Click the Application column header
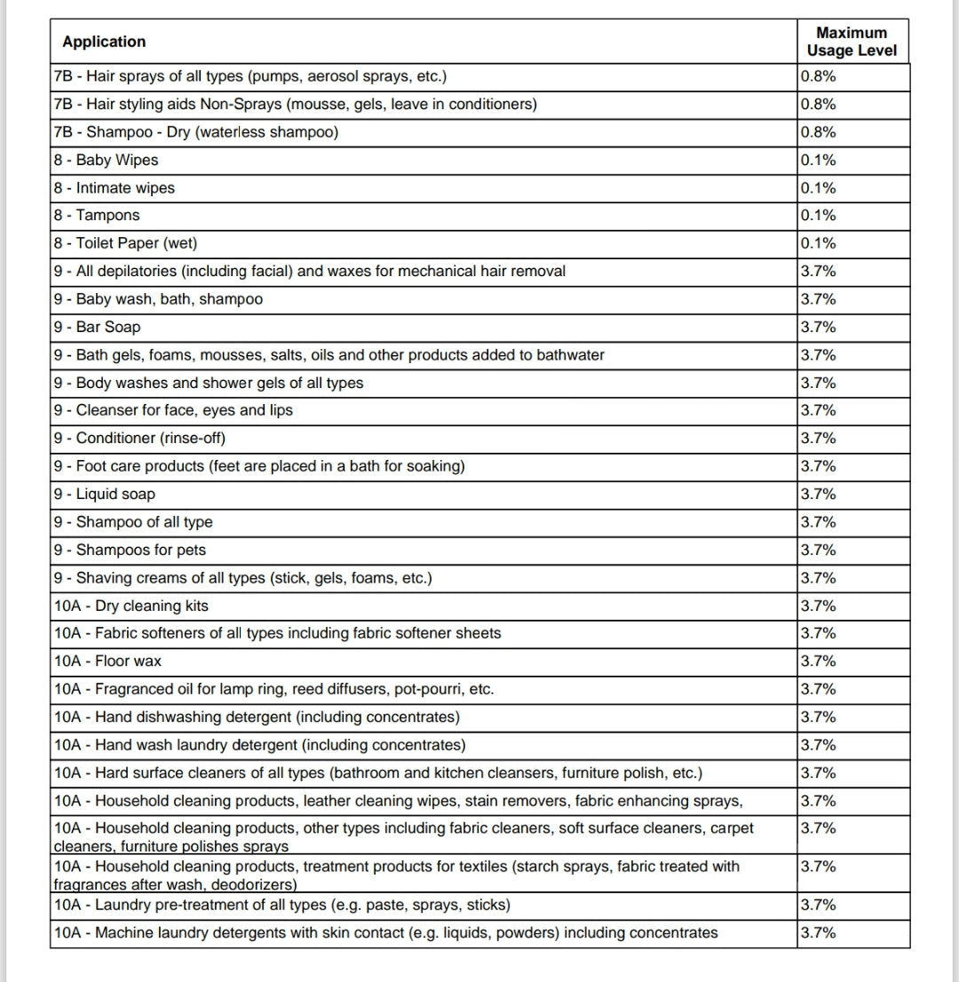tap(104, 42)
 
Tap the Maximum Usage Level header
tap(852, 42)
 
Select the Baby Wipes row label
tap(106, 160)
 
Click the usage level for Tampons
tap(818, 216)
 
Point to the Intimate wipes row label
tap(114, 188)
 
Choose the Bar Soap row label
tap(97, 327)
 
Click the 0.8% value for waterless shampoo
tap(818, 132)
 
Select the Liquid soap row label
tap(104, 494)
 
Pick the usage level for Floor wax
tap(818, 661)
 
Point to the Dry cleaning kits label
tap(131, 606)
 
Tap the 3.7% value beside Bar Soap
tap(818, 327)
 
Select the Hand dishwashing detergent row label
tap(257, 717)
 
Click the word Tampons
tap(107, 216)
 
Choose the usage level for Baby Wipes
tap(818, 160)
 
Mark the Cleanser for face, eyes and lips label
tap(172, 410)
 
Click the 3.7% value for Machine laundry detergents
tap(818, 932)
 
